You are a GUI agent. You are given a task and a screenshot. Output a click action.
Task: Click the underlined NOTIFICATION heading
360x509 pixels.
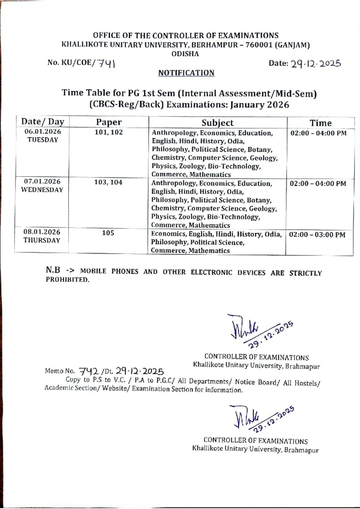pyautogui.click(x=186, y=73)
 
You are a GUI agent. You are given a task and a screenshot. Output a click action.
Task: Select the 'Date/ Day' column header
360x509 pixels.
pyautogui.click(x=43, y=122)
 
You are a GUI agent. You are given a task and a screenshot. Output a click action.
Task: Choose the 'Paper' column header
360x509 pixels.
pyautogui.click(x=109, y=122)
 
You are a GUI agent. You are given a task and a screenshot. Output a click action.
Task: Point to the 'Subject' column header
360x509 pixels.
pyautogui.click(x=217, y=122)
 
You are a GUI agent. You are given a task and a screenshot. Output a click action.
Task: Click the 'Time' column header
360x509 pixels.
pyautogui.click(x=320, y=123)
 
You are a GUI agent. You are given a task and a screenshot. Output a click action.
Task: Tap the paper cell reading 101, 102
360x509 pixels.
pyautogui.click(x=109, y=132)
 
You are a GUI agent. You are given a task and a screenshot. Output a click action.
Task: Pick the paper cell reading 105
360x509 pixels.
pyautogui.click(x=108, y=233)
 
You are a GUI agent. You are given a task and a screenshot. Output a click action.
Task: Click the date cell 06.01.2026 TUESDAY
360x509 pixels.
pyautogui.click(x=43, y=136)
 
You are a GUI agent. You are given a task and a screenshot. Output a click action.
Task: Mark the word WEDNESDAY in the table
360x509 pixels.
pyautogui.click(x=42, y=190)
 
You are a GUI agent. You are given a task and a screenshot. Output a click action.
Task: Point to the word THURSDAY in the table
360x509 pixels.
pyautogui.click(x=42, y=240)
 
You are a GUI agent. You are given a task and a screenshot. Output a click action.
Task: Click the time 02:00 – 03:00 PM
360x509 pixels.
pyautogui.click(x=317, y=235)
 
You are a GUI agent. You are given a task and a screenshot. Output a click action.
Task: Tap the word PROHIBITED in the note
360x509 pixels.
pyautogui.click(x=67, y=280)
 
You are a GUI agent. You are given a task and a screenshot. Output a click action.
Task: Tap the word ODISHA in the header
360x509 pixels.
pyautogui.click(x=185, y=54)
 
